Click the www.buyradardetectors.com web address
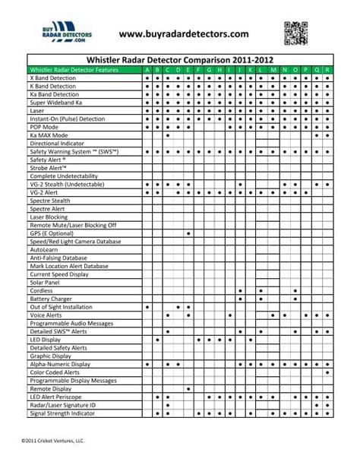[184, 34]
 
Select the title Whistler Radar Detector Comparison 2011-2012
[180, 58]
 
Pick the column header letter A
[147, 69]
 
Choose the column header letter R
[327, 69]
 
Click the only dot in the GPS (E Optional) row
[188, 233]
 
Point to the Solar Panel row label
[45, 282]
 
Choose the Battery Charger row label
[50, 299]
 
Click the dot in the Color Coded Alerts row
[327, 372]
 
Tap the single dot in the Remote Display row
[327, 388]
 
